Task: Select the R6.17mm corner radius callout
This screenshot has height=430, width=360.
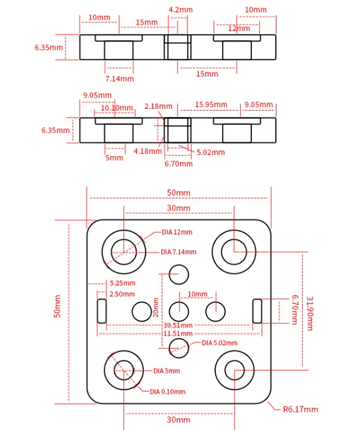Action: click(x=300, y=409)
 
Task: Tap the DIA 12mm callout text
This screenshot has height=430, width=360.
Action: click(x=177, y=232)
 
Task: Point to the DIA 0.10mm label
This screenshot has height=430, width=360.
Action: click(x=168, y=391)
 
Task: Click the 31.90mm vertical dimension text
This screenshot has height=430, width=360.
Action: click(x=309, y=313)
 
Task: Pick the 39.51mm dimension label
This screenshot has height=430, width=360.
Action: click(x=178, y=325)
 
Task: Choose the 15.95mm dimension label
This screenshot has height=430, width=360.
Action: click(x=211, y=105)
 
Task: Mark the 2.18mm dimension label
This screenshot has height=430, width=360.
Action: click(x=158, y=106)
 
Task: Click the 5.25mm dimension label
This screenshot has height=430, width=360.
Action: click(x=122, y=284)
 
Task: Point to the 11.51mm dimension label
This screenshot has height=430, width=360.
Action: click(x=178, y=333)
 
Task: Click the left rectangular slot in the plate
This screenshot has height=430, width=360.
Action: click(x=102, y=311)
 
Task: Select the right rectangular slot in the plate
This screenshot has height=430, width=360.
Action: click(x=257, y=311)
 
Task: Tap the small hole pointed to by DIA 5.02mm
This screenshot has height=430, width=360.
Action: click(x=179, y=346)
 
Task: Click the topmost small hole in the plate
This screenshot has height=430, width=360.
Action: click(x=179, y=273)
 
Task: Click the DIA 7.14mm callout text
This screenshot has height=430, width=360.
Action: click(x=178, y=252)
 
